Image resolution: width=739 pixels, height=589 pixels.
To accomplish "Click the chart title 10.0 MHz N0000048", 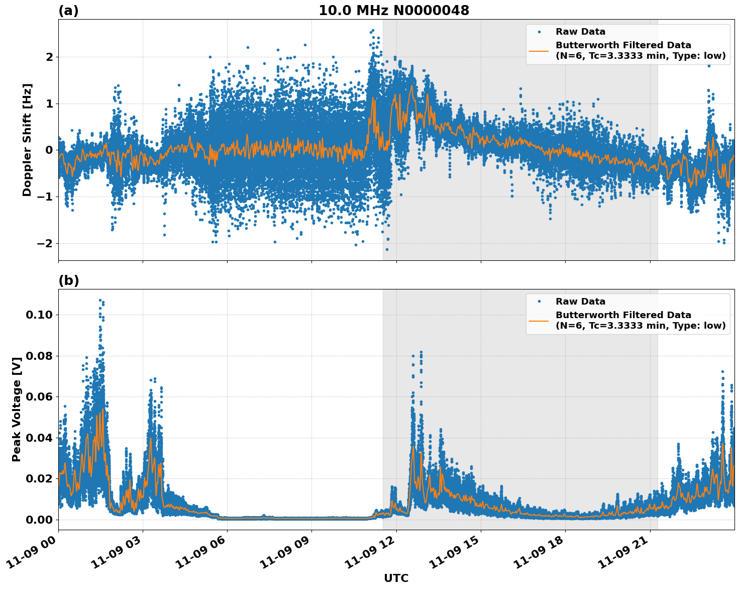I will [394, 11].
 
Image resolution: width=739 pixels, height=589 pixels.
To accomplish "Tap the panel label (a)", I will [68, 11].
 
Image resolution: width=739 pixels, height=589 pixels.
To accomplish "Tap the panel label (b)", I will [68, 280].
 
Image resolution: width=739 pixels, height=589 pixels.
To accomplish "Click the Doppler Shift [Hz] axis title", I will [27, 140].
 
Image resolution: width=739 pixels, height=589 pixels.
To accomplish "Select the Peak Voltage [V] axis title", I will [17, 410].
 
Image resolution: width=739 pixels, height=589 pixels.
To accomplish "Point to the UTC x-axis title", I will [396, 578].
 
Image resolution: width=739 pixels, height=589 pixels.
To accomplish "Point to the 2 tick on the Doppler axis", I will [49, 57].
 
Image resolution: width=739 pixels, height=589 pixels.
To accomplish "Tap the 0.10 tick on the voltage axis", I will [39, 315].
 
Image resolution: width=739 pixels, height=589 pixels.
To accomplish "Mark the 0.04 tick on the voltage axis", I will [39, 438].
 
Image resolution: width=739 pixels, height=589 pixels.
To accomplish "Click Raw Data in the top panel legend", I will [580, 32].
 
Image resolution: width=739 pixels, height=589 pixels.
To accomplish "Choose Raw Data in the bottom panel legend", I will [580, 302].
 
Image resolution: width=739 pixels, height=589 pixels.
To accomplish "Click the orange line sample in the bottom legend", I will [539, 320].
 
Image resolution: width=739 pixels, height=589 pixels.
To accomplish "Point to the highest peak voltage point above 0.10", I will [100, 300].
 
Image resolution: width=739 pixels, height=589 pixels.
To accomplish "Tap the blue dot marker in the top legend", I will [539, 32].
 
